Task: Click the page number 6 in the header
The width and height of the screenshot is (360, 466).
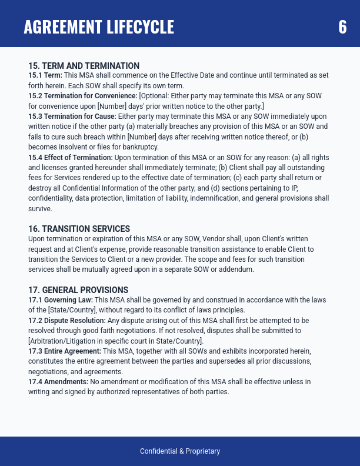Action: pos(342,27)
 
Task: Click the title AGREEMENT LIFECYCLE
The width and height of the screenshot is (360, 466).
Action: pos(99,27)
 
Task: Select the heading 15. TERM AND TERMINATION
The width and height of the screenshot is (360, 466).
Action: pos(84,66)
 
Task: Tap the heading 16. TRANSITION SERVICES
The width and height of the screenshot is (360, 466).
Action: pos(79,228)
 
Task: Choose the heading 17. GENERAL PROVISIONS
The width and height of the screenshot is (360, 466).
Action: pos(78,290)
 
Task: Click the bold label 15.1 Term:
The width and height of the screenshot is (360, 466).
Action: pos(45,75)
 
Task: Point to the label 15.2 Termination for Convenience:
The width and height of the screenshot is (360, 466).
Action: pos(75,96)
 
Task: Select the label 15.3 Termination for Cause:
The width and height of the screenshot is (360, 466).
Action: pos(72,116)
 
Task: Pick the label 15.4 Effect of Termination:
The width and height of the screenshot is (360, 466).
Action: pos(71,158)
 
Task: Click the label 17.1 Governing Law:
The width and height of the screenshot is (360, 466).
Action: pos(61,300)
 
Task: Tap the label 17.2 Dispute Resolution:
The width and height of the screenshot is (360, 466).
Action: pos(67,321)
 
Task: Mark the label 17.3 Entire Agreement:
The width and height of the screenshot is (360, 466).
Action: pos(66,351)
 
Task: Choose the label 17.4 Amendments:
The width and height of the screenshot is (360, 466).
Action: pos(58,382)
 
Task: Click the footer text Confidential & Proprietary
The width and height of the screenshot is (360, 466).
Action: pos(180,451)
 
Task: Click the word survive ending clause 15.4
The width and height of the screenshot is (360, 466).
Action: pos(40,209)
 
